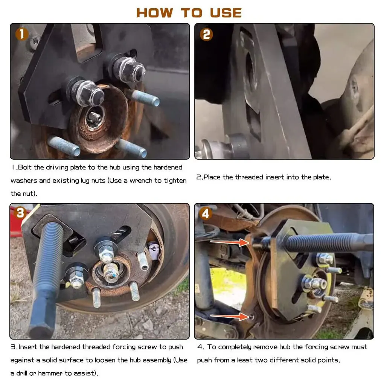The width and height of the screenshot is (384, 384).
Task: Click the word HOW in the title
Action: click(x=154, y=13)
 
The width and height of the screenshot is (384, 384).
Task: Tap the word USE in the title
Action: click(x=226, y=13)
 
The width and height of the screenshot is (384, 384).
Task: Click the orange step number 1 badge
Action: click(x=22, y=34)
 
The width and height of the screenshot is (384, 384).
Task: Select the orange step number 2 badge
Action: click(x=206, y=34)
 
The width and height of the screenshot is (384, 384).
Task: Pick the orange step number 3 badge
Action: click(x=20, y=213)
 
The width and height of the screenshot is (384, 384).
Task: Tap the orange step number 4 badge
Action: click(x=205, y=213)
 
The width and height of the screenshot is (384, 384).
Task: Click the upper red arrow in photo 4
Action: click(x=230, y=242)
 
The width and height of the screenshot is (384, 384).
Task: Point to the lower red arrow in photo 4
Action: click(x=230, y=316)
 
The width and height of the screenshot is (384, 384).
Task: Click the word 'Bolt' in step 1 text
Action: click(x=25, y=167)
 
